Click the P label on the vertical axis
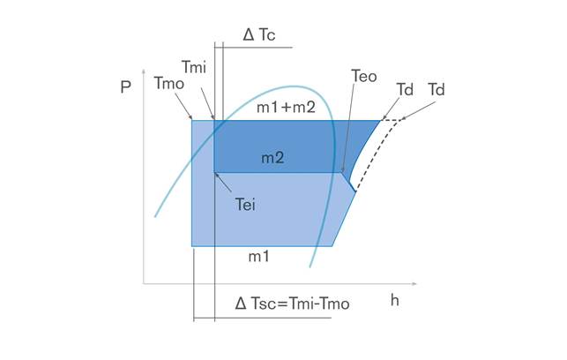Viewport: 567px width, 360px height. pyautogui.click(x=125, y=86)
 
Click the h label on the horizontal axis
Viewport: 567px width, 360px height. pyautogui.click(x=394, y=300)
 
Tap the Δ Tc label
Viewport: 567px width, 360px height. pyautogui.click(x=259, y=34)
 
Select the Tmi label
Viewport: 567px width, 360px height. pyautogui.click(x=193, y=67)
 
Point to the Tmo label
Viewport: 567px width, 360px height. pyautogui.click(x=169, y=84)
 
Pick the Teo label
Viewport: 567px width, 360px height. pyautogui.click(x=364, y=77)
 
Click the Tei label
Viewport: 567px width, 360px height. pyautogui.click(x=245, y=205)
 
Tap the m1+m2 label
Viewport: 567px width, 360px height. pyautogui.click(x=286, y=107)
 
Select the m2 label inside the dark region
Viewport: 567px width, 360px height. pyautogui.click(x=272, y=158)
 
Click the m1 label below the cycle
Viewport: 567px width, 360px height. pyautogui.click(x=259, y=257)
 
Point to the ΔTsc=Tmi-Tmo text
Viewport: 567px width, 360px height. pyautogui.click(x=292, y=304)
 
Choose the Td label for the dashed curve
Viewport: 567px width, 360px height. pyautogui.click(x=436, y=90)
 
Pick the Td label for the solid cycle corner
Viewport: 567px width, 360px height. pyautogui.click(x=405, y=90)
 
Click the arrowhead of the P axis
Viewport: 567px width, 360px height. pyautogui.click(x=144, y=71)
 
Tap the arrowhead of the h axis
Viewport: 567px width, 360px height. pyautogui.click(x=414, y=283)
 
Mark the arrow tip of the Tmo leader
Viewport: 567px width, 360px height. pyautogui.click(x=191, y=119)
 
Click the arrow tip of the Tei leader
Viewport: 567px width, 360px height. pyautogui.click(x=215, y=174)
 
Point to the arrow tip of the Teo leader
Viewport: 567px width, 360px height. pyautogui.click(x=342, y=171)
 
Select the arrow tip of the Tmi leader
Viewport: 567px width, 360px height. pyautogui.click(x=214, y=119)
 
